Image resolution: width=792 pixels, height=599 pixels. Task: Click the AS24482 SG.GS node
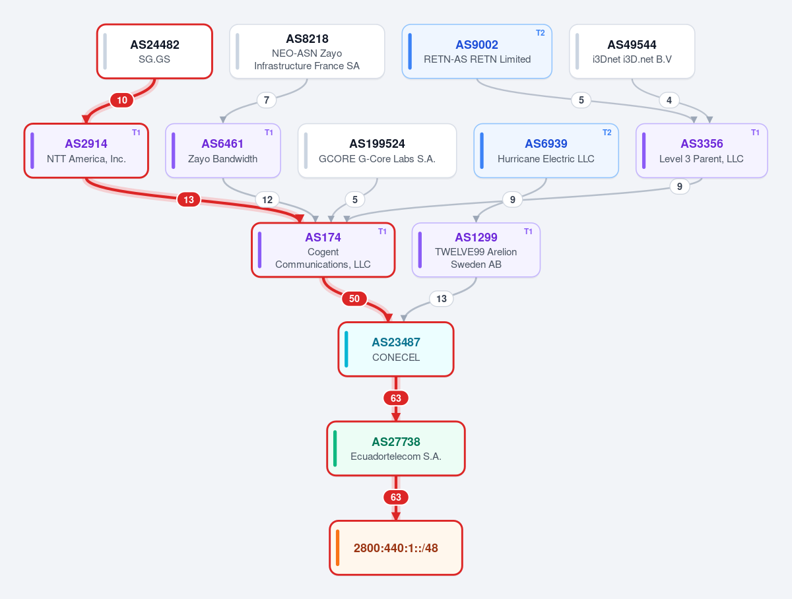(x=154, y=51)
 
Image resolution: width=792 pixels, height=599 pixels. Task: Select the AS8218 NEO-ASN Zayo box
(x=307, y=51)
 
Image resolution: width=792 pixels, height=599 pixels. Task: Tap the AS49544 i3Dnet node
(x=632, y=51)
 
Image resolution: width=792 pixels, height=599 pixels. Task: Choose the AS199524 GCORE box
(x=377, y=151)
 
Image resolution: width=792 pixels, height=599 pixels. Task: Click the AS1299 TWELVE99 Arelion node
(x=476, y=250)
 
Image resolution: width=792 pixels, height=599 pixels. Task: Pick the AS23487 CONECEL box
(x=396, y=349)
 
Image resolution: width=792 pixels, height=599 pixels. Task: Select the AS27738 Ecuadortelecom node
(x=396, y=449)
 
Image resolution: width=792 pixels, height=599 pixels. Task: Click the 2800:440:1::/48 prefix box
(x=396, y=548)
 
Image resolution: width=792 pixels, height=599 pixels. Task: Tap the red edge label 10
(x=122, y=100)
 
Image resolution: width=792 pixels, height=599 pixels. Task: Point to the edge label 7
(x=266, y=100)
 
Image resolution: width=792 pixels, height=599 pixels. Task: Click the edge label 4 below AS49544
(x=669, y=100)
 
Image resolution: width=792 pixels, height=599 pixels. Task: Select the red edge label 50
(x=354, y=299)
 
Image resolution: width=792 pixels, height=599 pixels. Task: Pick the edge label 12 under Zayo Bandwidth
(x=267, y=199)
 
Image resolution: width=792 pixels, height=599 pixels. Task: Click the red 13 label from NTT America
(x=189, y=199)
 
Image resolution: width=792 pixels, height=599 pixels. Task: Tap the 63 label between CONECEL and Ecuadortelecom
(x=396, y=398)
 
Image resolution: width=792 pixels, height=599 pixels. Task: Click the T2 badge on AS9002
(x=540, y=33)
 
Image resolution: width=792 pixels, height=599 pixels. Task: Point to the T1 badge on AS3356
(x=755, y=133)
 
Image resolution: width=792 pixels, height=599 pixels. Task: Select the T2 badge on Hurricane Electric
(x=607, y=133)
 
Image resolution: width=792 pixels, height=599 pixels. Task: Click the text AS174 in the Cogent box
(x=323, y=237)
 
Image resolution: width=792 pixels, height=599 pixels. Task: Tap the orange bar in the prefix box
(x=338, y=548)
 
